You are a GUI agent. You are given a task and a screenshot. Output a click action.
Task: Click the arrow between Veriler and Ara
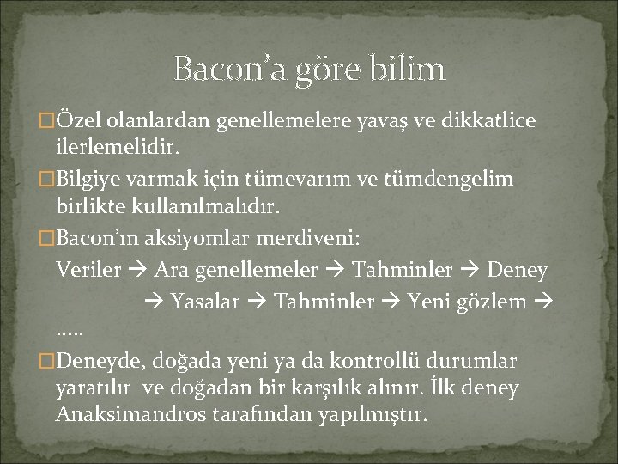(x=136, y=272)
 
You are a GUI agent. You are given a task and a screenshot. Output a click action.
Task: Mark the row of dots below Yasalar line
(x=70, y=331)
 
